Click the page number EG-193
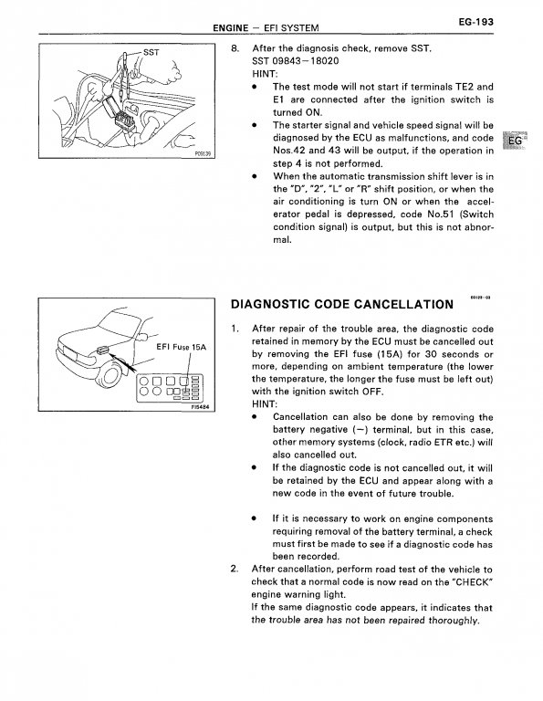[476, 22]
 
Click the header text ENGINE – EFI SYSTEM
[266, 27]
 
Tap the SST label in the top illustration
[151, 52]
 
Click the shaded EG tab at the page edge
[515, 141]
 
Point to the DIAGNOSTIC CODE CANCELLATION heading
[342, 305]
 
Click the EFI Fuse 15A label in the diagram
[181, 347]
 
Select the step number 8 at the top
[235, 48]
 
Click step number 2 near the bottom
[235, 570]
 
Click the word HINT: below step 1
[265, 404]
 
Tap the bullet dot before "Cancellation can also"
[254, 417]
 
